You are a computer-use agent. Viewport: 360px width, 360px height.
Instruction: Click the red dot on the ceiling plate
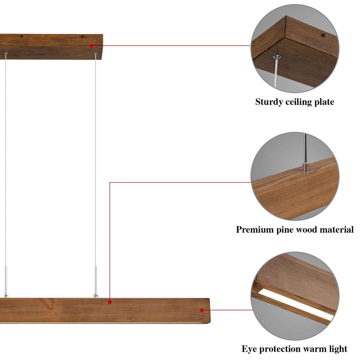(x=92, y=46)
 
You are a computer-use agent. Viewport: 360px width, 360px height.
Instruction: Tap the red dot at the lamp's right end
(x=202, y=310)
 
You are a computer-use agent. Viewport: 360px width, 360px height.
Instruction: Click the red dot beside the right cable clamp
(x=110, y=302)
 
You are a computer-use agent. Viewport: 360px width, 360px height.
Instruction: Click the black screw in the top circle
(x=323, y=35)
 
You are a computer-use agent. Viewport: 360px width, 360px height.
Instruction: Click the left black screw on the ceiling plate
(x=22, y=36)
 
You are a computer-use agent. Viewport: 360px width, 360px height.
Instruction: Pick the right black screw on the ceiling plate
(x=83, y=36)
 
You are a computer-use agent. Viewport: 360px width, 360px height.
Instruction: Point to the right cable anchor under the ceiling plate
(x=95, y=53)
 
